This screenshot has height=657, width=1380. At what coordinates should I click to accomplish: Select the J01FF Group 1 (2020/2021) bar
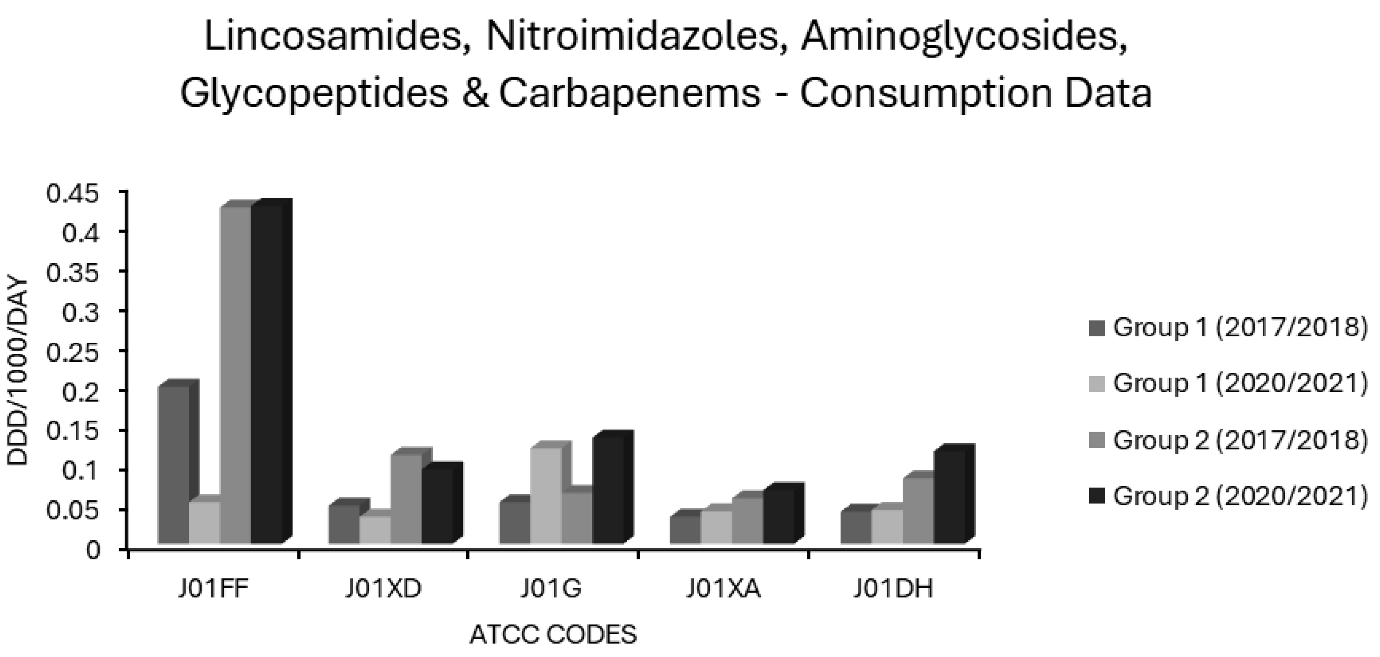[x=205, y=522]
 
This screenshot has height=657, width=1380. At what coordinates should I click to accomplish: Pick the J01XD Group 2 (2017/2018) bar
[x=406, y=499]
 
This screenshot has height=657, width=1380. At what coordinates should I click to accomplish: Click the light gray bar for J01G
[x=546, y=495]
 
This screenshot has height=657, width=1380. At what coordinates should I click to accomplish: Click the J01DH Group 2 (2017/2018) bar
[x=918, y=509]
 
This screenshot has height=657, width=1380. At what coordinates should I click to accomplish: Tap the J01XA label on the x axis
[x=723, y=589]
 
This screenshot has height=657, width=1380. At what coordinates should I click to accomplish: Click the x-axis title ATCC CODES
[x=553, y=635]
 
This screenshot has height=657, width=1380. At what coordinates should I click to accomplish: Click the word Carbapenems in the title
[x=630, y=93]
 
